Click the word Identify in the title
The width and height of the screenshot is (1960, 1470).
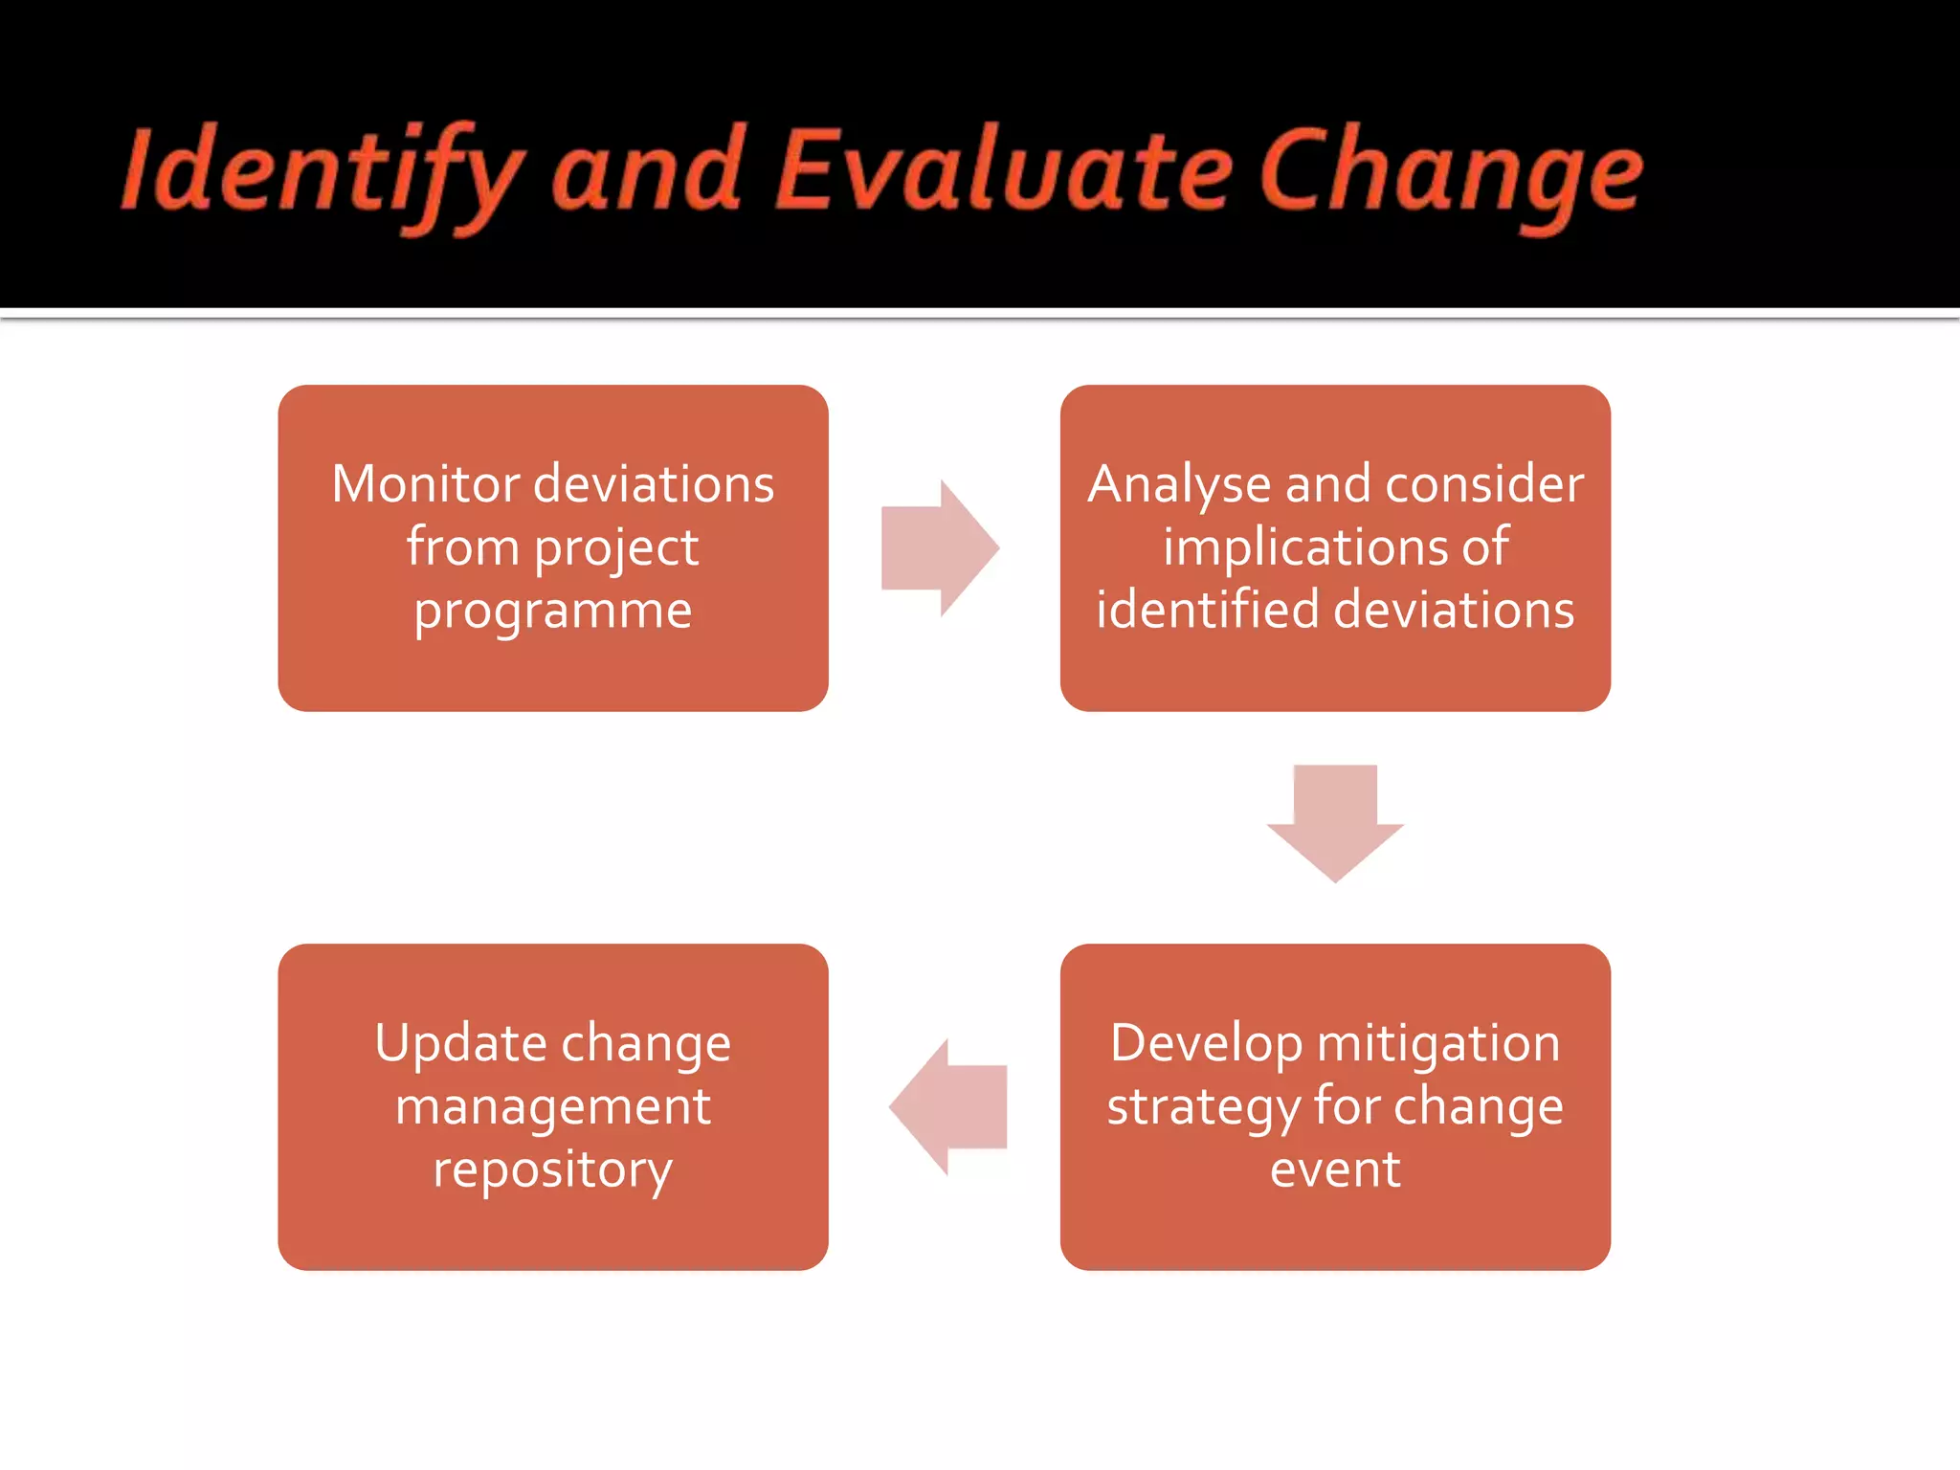click(x=321, y=172)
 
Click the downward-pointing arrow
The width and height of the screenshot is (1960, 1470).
click(x=1335, y=821)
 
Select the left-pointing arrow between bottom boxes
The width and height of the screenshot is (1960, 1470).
click(x=947, y=1107)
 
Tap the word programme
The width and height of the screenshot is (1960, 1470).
click(x=552, y=612)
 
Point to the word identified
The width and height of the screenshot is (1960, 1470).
click(x=1207, y=610)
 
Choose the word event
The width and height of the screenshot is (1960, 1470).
click(x=1335, y=1169)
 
